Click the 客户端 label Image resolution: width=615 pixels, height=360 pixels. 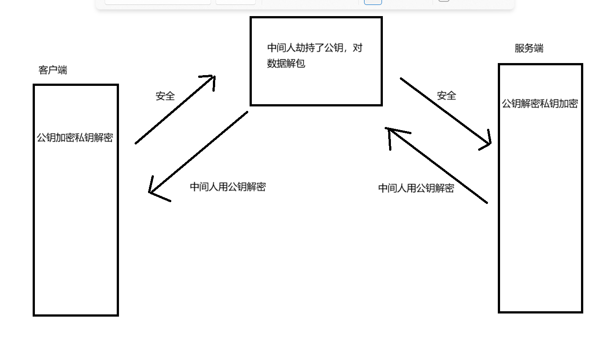[x=53, y=70]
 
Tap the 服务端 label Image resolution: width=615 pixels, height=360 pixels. [x=529, y=48]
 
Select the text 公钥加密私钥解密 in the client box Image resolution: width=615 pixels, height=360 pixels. [x=75, y=138]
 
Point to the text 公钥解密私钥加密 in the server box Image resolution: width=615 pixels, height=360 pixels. [x=540, y=104]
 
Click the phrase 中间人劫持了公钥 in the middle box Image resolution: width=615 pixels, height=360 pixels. [x=304, y=48]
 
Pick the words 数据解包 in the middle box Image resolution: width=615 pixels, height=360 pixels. [x=286, y=64]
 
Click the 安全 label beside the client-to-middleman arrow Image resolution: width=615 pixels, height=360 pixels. [x=165, y=96]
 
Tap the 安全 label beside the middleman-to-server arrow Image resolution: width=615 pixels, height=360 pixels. [x=446, y=96]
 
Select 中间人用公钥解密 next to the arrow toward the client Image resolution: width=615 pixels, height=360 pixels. [x=228, y=187]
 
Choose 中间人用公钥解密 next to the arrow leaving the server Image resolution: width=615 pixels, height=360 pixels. [x=416, y=188]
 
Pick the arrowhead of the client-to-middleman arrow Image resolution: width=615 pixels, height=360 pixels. [x=212, y=78]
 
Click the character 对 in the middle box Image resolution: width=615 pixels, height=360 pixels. [x=357, y=48]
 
